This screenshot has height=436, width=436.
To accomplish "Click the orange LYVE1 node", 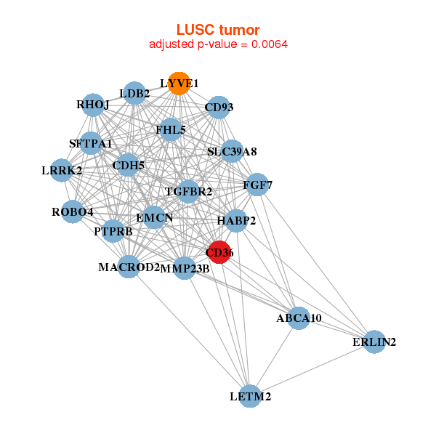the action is coord(179,84).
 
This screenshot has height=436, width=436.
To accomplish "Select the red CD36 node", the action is coord(219,252).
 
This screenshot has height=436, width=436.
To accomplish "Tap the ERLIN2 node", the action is coord(374,342).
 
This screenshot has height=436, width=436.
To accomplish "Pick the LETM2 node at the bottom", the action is coord(250,396).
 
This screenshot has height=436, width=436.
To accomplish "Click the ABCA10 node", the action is coord(299,318).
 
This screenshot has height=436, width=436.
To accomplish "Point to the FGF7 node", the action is coord(258,185).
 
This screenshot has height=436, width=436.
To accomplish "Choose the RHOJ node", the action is coord(93,105).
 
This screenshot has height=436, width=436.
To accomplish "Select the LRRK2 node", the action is coord(62,171).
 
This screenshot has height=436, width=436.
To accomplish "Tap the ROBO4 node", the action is coord(73,212).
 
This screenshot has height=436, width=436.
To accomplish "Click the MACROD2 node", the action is coord(129,267).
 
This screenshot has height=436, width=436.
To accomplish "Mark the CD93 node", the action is coord(219,108).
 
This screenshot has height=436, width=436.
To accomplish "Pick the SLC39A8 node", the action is coord(232,152).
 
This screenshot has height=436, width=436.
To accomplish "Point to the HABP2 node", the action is coord(236,221).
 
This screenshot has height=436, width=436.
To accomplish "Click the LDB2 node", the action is coord(135,93).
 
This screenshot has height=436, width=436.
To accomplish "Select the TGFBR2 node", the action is coord(188,192).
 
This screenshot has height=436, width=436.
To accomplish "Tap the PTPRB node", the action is coord(113,232).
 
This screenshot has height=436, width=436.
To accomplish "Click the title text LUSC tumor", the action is coord(218,30).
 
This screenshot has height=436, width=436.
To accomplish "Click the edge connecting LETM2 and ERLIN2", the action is coord(312,369).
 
